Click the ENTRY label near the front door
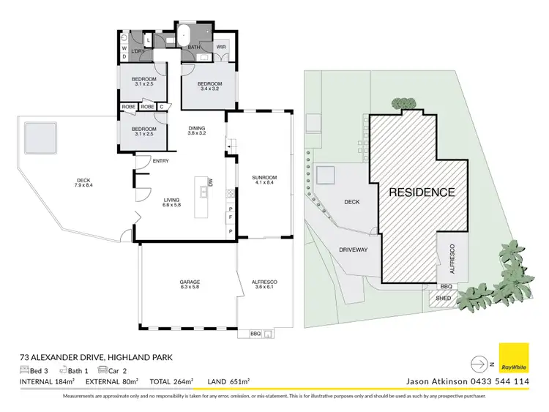[160, 162]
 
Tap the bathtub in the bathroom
[184, 34]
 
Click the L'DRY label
[137, 50]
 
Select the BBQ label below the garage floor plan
[255, 334]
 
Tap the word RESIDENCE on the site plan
[421, 192]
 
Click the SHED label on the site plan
[443, 298]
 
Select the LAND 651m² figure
[228, 381]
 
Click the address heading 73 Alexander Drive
[95, 358]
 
